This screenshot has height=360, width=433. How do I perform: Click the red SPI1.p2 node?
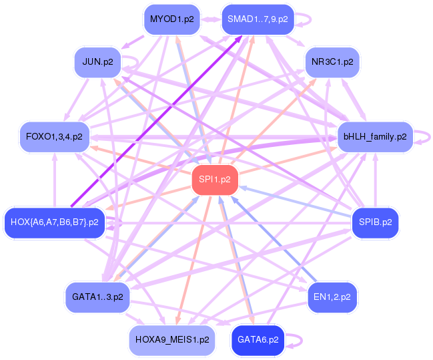(215, 180)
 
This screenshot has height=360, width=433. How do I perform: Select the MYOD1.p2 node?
(171, 19)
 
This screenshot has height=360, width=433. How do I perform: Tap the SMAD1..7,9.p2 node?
(258, 19)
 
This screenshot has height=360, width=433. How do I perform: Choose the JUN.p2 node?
(98, 62)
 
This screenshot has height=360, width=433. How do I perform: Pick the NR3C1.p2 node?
(332, 62)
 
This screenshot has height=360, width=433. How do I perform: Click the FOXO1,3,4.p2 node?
(55, 137)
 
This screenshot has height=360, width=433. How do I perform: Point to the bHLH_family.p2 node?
(375, 137)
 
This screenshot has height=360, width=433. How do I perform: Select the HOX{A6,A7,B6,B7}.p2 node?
(55, 222)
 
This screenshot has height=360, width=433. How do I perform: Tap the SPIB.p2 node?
(375, 222)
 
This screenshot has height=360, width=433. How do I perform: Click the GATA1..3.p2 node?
(97, 297)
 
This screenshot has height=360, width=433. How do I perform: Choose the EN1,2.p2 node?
(332, 297)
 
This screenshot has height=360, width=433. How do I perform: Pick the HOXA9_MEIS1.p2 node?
(172, 340)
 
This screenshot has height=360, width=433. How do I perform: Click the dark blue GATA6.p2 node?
(258, 340)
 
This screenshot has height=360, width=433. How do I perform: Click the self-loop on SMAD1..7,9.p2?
(311, 19)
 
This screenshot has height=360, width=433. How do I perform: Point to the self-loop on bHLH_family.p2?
(430, 137)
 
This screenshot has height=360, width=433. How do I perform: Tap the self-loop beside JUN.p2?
(137, 61)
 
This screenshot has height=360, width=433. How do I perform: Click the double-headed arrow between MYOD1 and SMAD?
(211, 19)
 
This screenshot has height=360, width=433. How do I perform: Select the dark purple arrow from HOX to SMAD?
(157, 121)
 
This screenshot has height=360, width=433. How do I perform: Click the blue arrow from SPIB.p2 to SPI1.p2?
(295, 202)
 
